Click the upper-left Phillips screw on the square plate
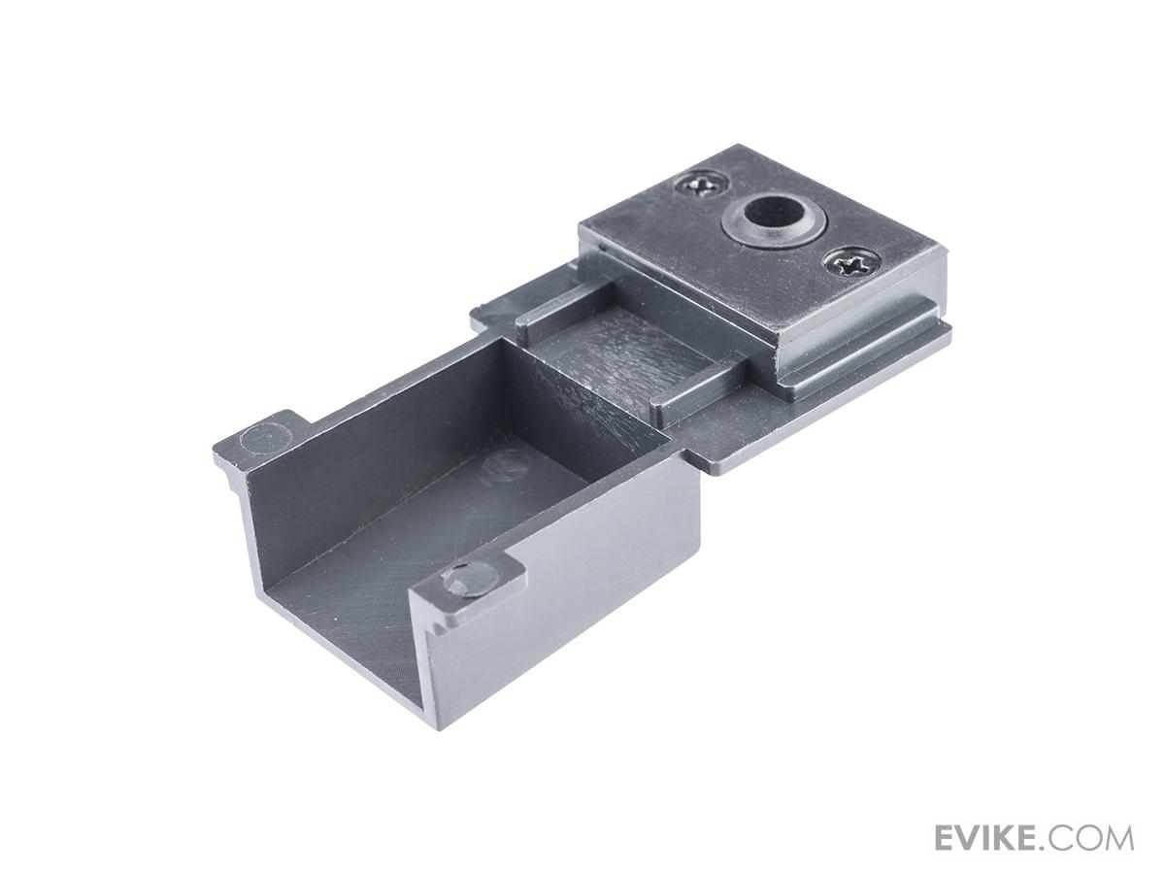(x=702, y=185)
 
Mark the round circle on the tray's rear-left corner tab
(x=266, y=440)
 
